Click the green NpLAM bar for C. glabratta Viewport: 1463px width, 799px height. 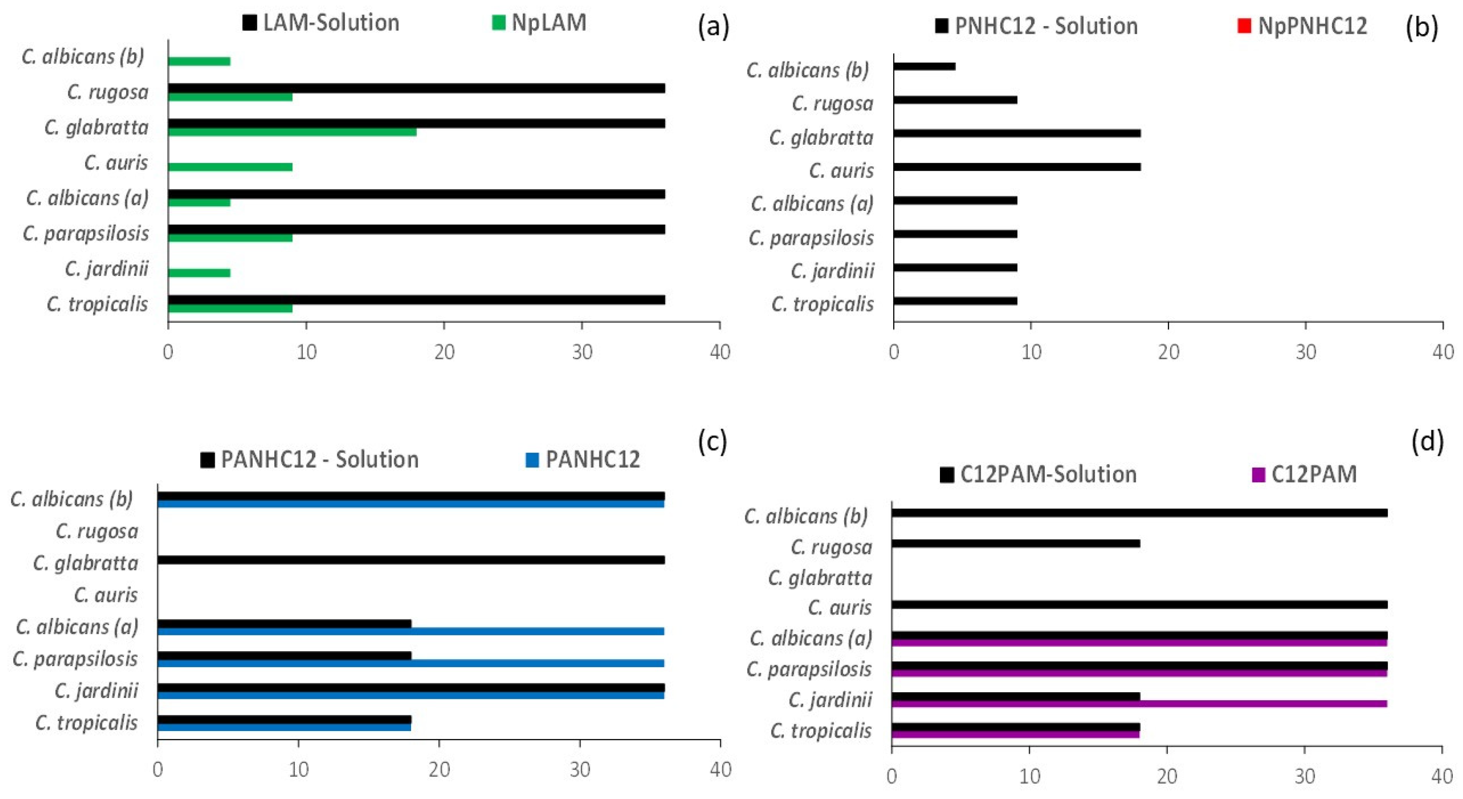click(x=292, y=132)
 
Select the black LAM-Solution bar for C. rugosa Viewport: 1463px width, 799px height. click(x=416, y=88)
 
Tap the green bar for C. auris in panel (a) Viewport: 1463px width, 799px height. click(x=230, y=167)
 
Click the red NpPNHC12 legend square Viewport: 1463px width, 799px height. click(x=1244, y=26)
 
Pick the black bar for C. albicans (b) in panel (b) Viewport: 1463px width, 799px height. click(x=924, y=67)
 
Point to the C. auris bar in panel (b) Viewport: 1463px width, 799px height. click(x=1017, y=167)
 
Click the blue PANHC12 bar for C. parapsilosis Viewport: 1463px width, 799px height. click(x=411, y=663)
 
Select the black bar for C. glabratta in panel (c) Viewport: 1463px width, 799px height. click(x=411, y=560)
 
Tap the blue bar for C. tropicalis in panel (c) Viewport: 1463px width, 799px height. click(x=284, y=727)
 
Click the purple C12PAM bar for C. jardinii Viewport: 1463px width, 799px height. click(x=1139, y=704)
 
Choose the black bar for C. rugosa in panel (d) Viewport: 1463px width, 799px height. click(x=1015, y=543)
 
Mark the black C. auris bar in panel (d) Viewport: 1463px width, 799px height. click(x=1139, y=604)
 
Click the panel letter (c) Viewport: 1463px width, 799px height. click(x=712, y=443)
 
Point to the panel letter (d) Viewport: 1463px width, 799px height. click(x=1427, y=443)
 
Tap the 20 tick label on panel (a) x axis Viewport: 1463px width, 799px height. click(x=444, y=353)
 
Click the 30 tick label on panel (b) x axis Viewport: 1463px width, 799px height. click(x=1306, y=353)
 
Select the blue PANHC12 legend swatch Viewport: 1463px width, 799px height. click(x=532, y=460)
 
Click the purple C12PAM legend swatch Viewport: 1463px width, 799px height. click(x=1259, y=475)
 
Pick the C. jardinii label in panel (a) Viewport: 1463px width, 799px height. click(x=107, y=268)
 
